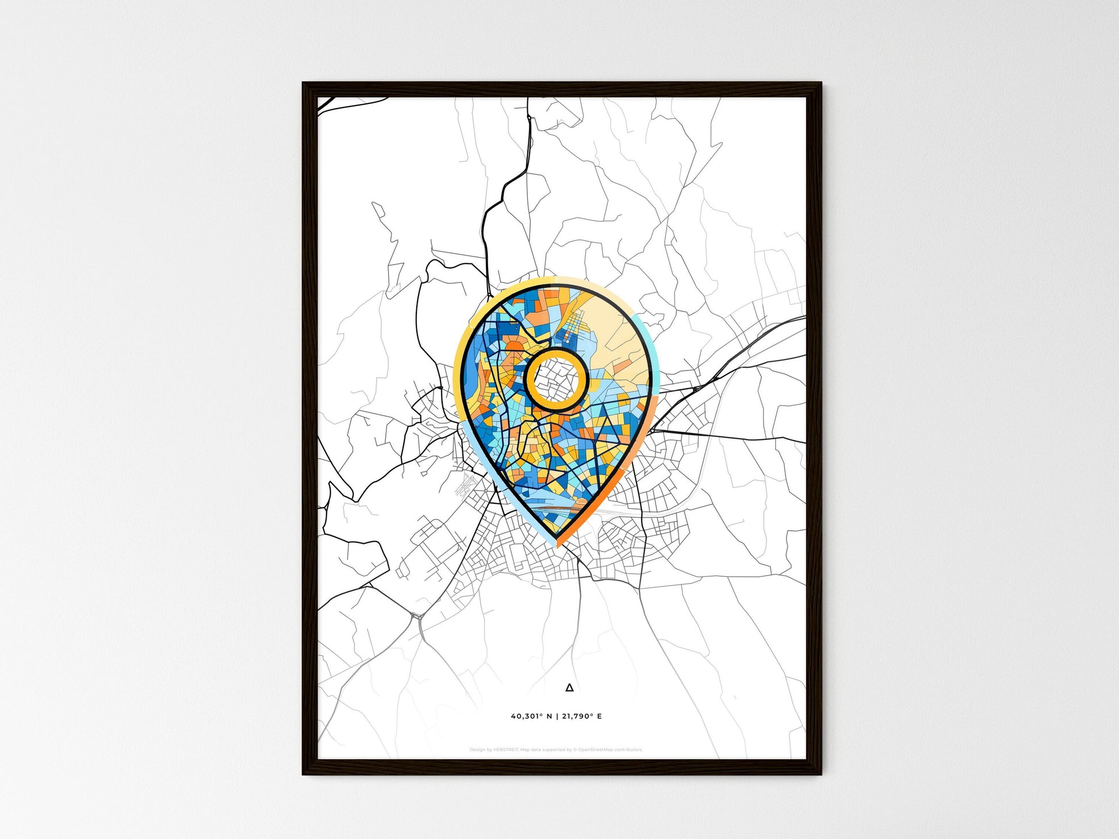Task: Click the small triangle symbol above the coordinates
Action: coord(569,687)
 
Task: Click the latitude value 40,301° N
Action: coord(531,717)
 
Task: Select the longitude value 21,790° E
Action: coord(582,717)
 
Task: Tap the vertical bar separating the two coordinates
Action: coord(557,717)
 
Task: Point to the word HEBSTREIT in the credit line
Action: coord(505,750)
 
